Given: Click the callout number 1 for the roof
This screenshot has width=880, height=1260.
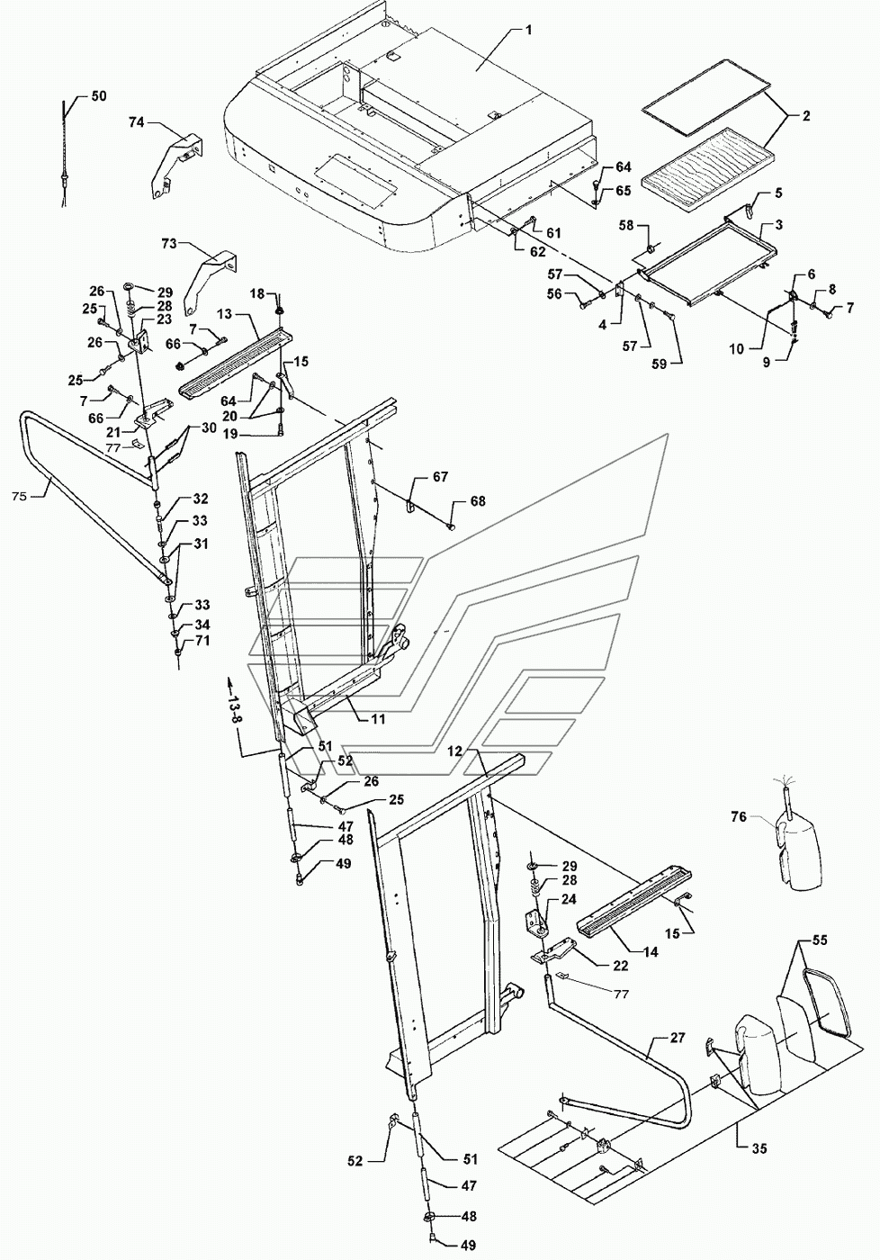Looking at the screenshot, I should coord(528,29).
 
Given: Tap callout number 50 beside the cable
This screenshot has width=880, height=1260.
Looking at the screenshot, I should coord(98,95).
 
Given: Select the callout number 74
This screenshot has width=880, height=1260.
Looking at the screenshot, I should coord(136,122).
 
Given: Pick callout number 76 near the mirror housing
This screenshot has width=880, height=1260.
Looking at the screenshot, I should coord(739,816).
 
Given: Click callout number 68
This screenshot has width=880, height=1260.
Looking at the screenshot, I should coord(477,500).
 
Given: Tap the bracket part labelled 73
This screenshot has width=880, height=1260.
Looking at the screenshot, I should coord(209,274).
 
